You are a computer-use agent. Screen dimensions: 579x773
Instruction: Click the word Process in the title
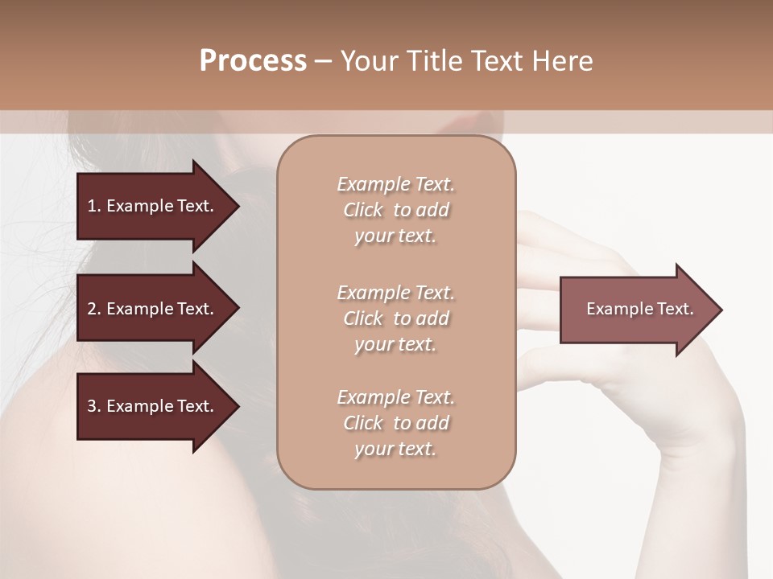(253, 61)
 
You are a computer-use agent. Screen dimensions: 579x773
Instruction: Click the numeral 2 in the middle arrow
(91, 309)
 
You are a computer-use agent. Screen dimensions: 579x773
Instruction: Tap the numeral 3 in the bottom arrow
(91, 406)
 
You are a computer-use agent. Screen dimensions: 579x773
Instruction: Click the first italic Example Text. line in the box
(395, 184)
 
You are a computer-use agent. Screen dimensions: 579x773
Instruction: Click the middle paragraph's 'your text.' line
(395, 344)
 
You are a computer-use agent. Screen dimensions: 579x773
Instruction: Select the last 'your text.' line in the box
(395, 449)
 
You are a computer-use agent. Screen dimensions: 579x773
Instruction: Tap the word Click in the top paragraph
(362, 210)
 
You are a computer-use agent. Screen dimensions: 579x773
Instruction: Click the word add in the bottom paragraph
(433, 423)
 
